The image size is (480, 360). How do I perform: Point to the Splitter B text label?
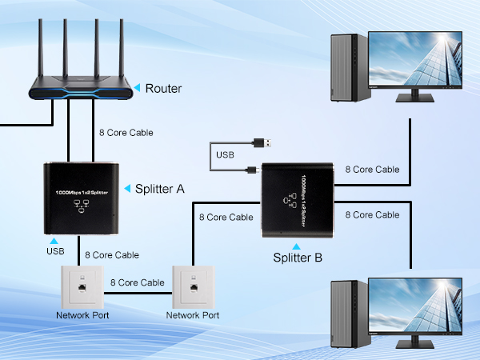click(298, 257)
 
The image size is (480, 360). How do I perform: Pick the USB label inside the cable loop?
click(226, 153)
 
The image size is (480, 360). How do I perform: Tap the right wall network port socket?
click(192, 286)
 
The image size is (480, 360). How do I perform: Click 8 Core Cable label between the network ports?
click(137, 282)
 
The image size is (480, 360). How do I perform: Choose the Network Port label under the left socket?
click(82, 315)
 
